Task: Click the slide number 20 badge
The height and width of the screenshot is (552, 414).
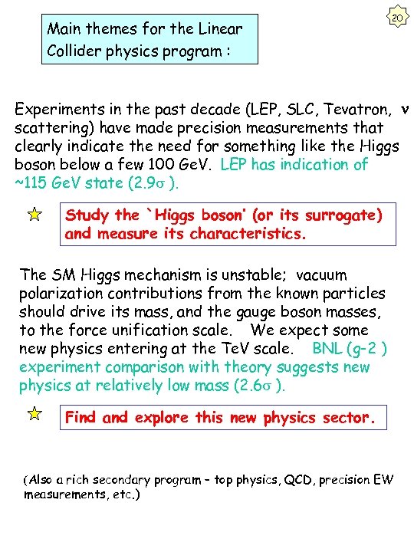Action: [396, 18]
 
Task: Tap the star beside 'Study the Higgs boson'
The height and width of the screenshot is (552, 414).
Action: [34, 216]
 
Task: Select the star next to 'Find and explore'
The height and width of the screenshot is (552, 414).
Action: [34, 415]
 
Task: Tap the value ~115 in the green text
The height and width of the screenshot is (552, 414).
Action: [34, 182]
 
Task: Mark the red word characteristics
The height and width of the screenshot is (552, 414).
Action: [242, 234]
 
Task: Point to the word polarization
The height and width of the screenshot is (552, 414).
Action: [60, 293]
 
